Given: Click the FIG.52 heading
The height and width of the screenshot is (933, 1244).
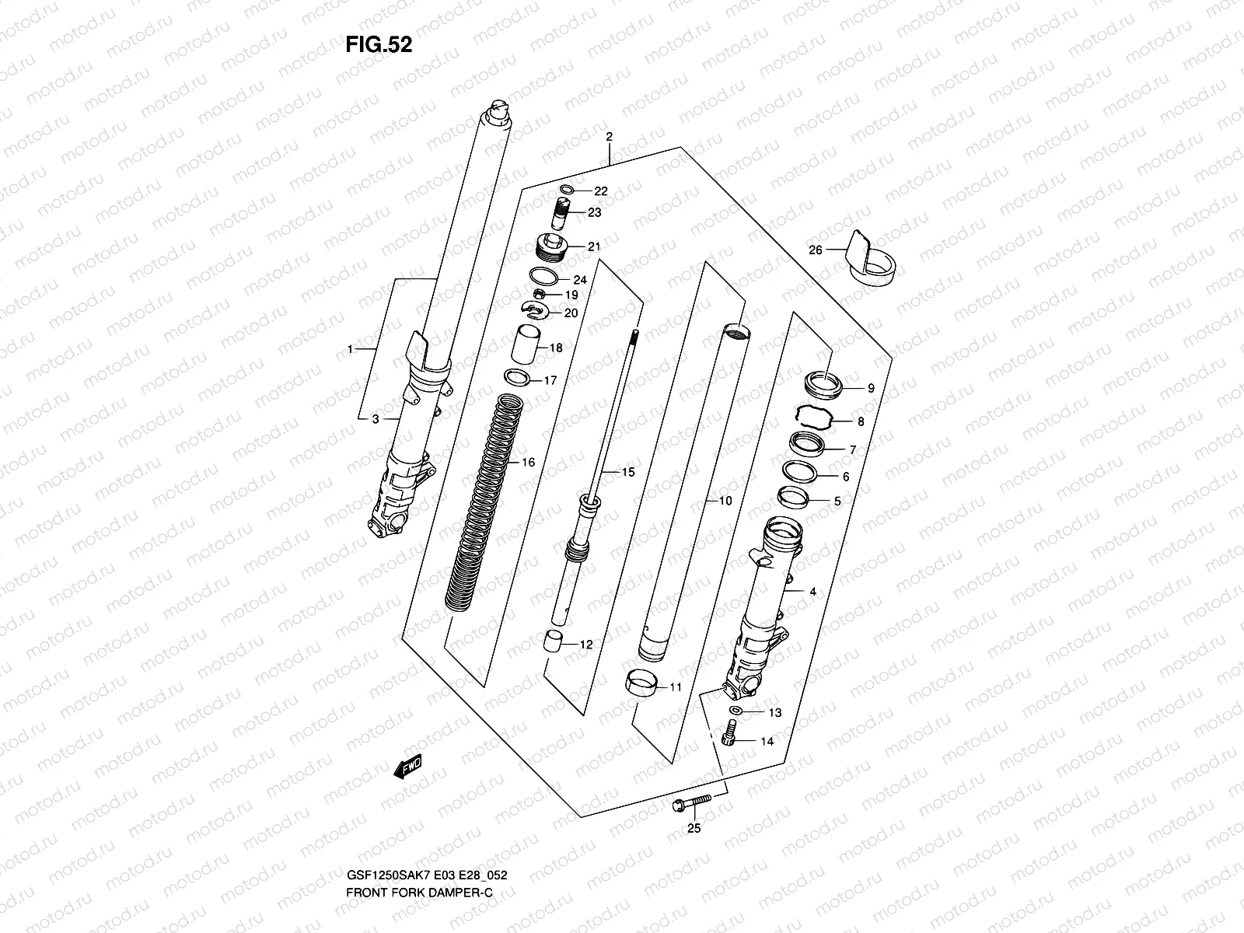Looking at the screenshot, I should [379, 45].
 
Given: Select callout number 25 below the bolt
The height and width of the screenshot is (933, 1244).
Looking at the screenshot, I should [694, 829].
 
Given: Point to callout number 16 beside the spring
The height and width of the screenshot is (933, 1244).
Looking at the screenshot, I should [528, 463].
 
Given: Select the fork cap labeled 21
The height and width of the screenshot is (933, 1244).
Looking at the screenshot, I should [553, 246].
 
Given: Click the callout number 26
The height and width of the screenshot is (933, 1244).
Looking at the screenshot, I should [815, 250].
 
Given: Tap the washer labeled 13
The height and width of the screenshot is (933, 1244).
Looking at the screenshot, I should [736, 711].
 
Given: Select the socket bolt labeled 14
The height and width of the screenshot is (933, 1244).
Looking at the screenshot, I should [729, 734].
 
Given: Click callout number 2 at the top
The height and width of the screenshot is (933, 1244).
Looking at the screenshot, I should [610, 137].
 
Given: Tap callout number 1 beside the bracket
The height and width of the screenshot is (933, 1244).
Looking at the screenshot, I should [351, 349].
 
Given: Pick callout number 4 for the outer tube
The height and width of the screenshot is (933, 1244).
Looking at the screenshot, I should [812, 592].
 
